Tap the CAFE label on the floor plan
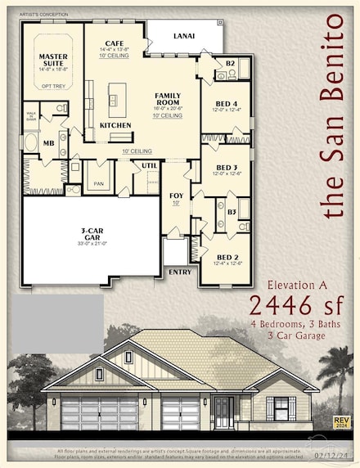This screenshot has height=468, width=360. coord(115,43)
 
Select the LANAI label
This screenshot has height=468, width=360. coord(184,35)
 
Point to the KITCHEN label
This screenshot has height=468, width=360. coord(115,125)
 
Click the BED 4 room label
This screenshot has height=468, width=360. coord(226,103)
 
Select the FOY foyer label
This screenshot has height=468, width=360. coord(176,196)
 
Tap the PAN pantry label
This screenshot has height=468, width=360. coord(99,185)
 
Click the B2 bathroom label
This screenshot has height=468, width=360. coord(230,62)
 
